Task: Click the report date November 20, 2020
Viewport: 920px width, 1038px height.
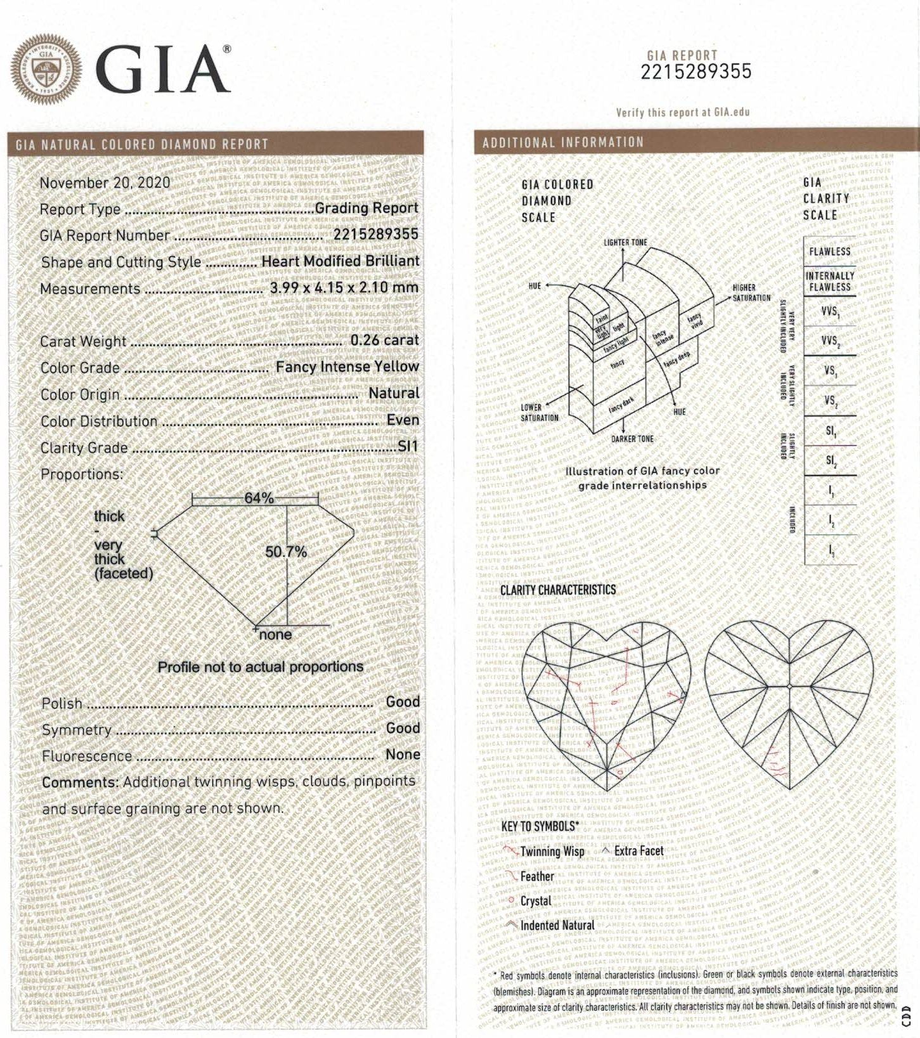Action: [x=105, y=183]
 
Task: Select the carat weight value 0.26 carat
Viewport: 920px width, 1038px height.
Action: [x=384, y=340]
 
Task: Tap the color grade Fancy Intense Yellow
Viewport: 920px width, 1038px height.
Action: [x=347, y=367]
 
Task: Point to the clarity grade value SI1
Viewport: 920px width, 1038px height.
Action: [x=408, y=446]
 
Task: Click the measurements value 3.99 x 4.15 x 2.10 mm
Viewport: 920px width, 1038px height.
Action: [x=344, y=287]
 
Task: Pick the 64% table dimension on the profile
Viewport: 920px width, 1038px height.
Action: [x=259, y=498]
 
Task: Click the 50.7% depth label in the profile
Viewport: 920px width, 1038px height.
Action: [x=286, y=552]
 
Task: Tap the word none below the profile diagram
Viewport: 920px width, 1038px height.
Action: [x=276, y=635]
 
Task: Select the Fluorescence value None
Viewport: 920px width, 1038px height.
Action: [x=403, y=755]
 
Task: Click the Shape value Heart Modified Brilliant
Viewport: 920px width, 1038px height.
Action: [x=340, y=261]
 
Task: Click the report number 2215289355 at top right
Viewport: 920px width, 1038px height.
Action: [x=696, y=72]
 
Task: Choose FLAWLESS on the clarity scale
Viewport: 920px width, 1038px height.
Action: [x=829, y=252]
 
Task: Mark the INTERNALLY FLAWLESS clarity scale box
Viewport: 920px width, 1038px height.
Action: [x=829, y=282]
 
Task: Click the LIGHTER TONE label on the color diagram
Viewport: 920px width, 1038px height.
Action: [x=625, y=242]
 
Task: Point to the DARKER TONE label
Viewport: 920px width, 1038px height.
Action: [x=632, y=439]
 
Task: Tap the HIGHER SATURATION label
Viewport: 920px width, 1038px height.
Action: [x=751, y=292]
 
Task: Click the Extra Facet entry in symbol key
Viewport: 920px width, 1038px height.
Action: [x=638, y=851]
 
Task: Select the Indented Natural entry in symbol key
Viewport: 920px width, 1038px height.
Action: [x=557, y=926]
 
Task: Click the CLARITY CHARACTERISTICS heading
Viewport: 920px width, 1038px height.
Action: [x=558, y=590]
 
